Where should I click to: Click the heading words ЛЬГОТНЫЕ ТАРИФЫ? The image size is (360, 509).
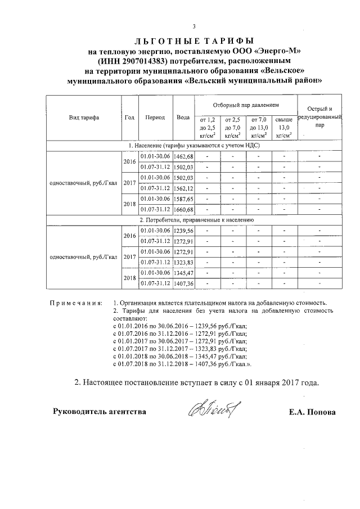point(194,41)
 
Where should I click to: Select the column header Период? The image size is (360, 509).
point(155,118)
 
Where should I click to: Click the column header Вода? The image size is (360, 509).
point(183,118)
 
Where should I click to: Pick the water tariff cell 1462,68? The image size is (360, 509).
point(183,156)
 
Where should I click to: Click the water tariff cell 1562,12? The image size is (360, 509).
point(183,188)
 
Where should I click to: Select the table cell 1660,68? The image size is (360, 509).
point(183,210)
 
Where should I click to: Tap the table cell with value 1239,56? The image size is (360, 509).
point(183,231)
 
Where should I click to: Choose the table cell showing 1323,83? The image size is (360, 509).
point(183,263)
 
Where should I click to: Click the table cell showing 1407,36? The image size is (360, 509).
point(183,283)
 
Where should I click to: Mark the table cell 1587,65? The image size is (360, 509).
point(183,199)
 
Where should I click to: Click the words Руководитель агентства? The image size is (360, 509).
point(100,412)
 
